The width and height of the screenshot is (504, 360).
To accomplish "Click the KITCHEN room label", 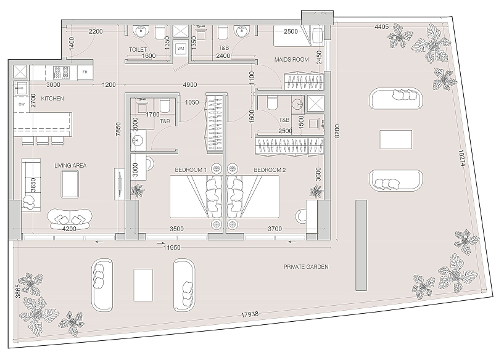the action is (x=52, y=99).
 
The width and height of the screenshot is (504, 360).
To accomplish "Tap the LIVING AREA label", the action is (x=70, y=166).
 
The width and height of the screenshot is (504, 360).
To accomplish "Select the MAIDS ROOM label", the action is (x=292, y=60).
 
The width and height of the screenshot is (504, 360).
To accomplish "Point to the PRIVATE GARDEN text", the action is (x=306, y=267).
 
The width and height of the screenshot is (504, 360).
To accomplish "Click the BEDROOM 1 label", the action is (x=191, y=170).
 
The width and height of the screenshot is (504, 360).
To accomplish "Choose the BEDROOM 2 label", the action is (x=270, y=170).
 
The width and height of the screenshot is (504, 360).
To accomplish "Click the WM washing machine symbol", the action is (x=181, y=49).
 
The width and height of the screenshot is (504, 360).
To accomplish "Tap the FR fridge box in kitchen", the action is (x=85, y=72).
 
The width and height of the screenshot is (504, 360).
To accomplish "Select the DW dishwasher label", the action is (x=22, y=104).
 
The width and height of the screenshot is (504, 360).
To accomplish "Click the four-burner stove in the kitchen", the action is (x=62, y=72).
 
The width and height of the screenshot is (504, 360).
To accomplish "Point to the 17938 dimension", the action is (x=250, y=314).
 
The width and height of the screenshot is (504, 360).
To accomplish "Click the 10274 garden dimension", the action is (x=461, y=158).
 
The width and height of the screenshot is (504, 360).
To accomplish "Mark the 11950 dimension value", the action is (x=171, y=248).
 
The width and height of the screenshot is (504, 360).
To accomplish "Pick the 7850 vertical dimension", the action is (x=118, y=129).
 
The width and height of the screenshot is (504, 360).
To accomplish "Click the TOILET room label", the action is (x=138, y=50).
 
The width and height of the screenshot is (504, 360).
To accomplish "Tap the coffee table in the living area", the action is (x=70, y=184).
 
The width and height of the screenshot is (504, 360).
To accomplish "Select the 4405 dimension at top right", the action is (x=381, y=27).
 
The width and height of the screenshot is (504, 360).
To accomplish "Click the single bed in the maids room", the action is (x=299, y=36).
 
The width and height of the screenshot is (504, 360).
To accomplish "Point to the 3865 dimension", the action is (x=18, y=291).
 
